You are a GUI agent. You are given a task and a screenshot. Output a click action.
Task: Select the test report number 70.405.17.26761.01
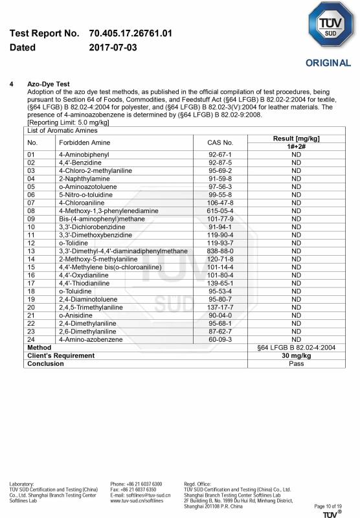coord(130,33)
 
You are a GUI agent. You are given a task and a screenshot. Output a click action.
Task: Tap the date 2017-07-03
coord(113,47)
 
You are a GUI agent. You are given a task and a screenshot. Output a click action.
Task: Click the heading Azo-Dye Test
coord(48,84)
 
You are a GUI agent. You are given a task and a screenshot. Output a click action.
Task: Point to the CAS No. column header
coord(220,142)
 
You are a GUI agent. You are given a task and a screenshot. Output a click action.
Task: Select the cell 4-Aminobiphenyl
coord(81,155)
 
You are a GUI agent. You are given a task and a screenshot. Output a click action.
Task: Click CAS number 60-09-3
coord(220,339)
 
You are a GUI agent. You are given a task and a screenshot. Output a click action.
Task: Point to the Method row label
coord(39,348)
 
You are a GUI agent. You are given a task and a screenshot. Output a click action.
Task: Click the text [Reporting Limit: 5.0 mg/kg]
coord(68,122)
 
